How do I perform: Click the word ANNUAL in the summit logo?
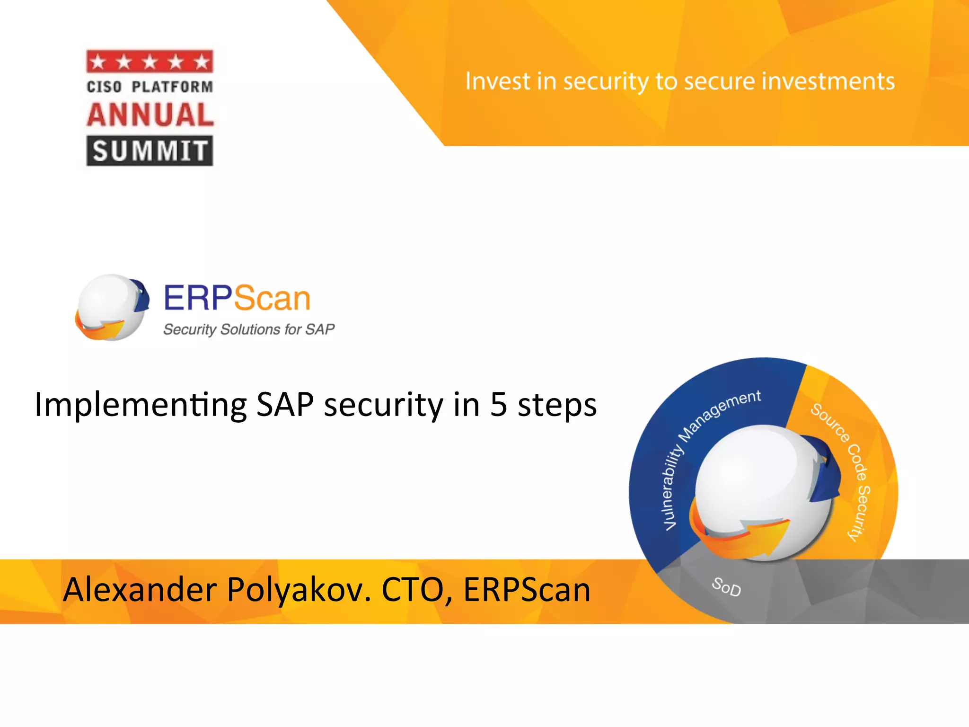(150, 115)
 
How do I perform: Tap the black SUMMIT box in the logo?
(150, 151)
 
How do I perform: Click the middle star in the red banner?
(150, 62)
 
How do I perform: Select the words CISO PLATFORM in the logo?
(150, 87)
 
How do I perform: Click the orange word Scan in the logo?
(272, 298)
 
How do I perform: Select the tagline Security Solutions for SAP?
(249, 329)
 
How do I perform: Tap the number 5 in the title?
(499, 405)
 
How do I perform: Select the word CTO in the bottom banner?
(412, 590)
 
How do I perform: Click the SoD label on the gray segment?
(726, 587)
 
